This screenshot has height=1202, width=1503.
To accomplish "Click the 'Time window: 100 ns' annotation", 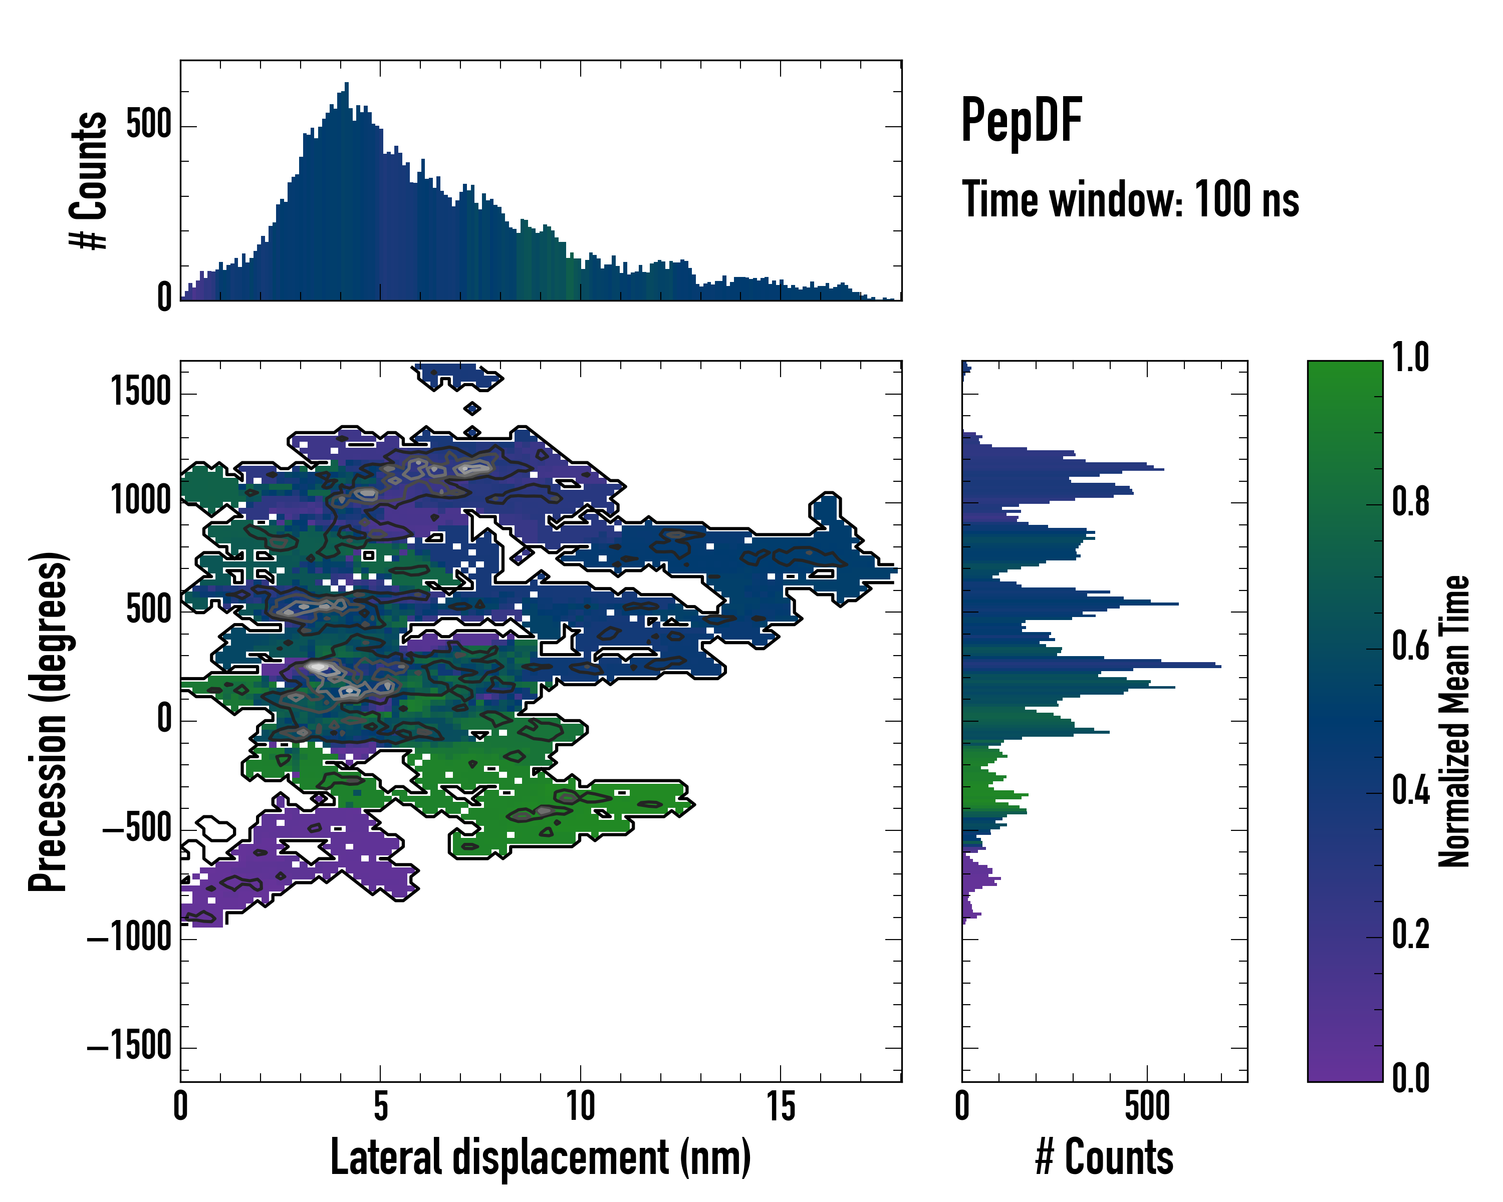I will (x=1130, y=200).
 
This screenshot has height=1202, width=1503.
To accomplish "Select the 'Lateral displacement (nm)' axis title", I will (x=540, y=1157).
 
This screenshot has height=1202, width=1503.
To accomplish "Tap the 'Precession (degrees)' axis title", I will (x=48, y=721).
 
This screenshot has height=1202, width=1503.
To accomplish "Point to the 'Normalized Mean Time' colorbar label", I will (x=1454, y=721).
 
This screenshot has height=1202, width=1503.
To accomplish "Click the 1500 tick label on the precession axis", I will (x=141, y=392).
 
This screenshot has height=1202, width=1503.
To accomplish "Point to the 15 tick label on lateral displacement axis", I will (x=780, y=1106).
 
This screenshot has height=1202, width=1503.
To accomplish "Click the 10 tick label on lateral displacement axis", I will (x=580, y=1106).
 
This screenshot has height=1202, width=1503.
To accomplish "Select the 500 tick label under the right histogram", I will (x=1147, y=1106).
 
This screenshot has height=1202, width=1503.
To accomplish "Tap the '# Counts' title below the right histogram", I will (x=1104, y=1157).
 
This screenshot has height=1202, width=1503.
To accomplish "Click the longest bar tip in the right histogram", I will (x=1219, y=667).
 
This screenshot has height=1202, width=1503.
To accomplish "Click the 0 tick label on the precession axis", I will (x=164, y=719).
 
